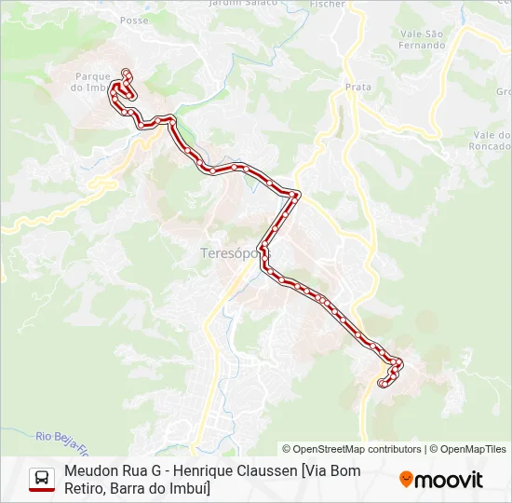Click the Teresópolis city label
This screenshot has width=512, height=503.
[x=228, y=252]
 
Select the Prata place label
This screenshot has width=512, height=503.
[x=357, y=87]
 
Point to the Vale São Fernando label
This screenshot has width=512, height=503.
[x=422, y=38]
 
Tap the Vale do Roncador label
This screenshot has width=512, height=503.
[x=490, y=141]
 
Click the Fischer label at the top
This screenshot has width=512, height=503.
[x=328, y=4]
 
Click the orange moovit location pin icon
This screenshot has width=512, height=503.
[x=406, y=480]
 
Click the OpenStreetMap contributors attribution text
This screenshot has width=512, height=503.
[x=352, y=449]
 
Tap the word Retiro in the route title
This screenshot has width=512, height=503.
[x=87, y=489]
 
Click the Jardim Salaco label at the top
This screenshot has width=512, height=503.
[x=257, y=4]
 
